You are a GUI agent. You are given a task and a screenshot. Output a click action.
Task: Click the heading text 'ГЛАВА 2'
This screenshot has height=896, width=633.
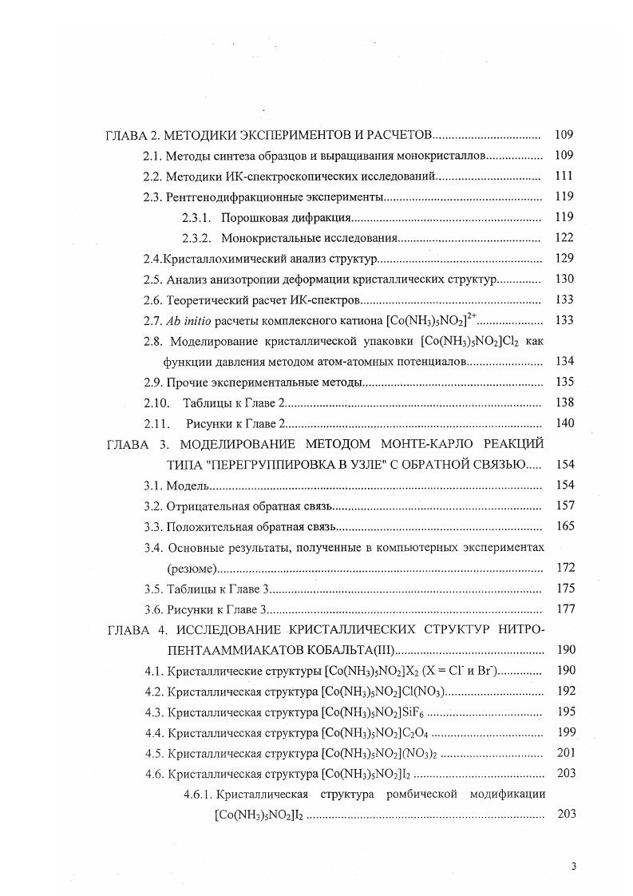[133, 135]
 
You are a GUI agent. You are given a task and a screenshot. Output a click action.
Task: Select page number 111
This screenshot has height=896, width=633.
[564, 176]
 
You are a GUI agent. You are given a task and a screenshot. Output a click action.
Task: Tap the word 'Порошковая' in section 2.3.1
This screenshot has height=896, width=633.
[252, 217]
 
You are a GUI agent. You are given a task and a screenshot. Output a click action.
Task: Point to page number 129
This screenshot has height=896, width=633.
[564, 259]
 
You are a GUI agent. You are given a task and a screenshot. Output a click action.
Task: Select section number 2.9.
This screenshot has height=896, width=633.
[152, 383]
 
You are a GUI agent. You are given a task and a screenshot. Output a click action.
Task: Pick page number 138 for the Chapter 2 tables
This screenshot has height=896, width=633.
[564, 403]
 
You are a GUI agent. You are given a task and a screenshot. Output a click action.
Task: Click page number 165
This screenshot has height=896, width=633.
[564, 527]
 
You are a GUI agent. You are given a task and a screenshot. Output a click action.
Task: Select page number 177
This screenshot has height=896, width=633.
[564, 609]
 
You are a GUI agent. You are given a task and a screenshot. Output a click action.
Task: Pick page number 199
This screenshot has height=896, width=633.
[564, 732]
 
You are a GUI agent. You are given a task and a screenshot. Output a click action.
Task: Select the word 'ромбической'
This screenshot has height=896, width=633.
[398, 795]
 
